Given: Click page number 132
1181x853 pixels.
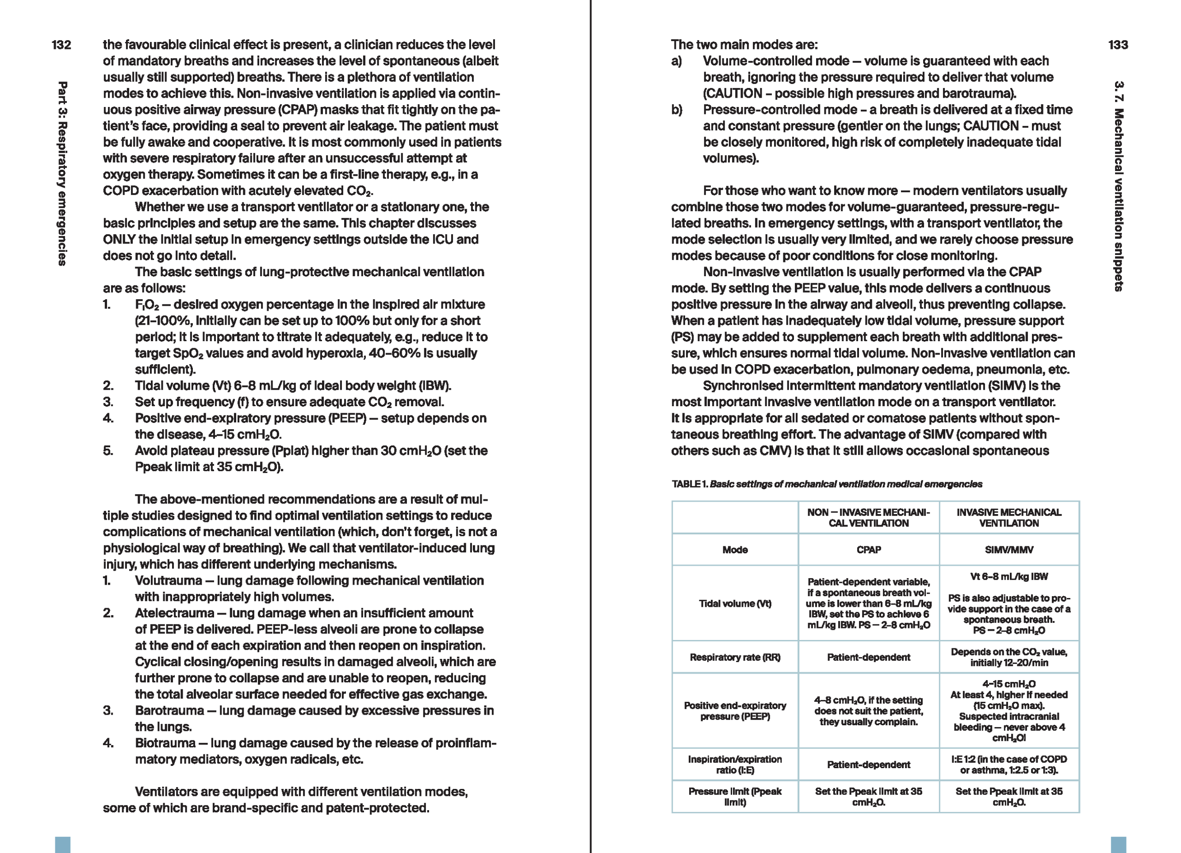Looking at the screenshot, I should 61,45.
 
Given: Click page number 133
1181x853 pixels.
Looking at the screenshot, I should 1118,45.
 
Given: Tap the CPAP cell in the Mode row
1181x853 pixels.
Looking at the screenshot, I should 868,550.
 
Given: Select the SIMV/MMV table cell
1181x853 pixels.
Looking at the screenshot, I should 1008,550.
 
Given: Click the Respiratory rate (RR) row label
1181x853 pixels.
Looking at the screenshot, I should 735,658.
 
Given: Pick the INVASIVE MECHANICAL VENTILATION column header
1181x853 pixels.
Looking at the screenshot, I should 1008,517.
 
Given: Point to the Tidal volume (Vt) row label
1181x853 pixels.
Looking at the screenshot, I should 735,604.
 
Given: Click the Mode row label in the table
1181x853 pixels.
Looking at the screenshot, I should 735,550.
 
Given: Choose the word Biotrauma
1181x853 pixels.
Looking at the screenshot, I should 165,743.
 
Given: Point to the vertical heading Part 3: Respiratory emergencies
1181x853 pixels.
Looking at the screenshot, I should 62,173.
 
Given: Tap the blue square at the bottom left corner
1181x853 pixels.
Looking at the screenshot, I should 62,844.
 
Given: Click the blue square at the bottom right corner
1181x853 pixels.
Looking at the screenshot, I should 1118,844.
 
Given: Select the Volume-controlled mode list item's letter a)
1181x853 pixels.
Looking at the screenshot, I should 676,61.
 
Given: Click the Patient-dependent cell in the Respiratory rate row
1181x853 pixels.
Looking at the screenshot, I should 868,658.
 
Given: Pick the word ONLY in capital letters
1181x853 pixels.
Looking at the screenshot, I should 119,240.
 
